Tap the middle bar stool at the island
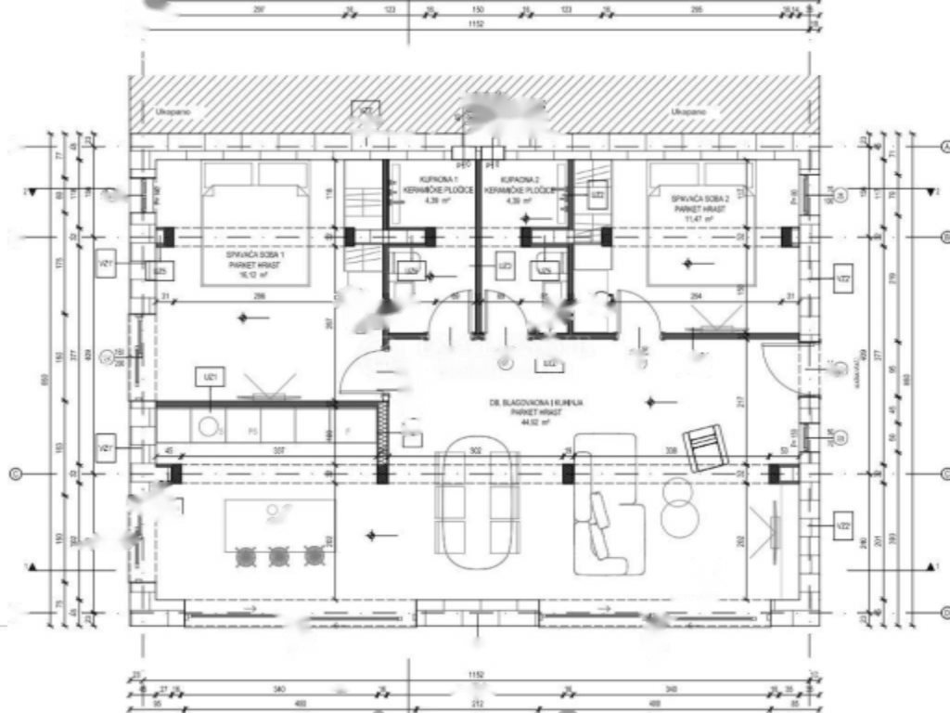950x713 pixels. (279, 556)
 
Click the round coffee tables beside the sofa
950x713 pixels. (681, 507)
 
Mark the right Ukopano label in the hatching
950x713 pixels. (689, 112)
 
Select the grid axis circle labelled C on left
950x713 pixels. (14, 474)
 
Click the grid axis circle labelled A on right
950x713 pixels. (946, 147)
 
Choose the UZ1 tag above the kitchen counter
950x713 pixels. (212, 376)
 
